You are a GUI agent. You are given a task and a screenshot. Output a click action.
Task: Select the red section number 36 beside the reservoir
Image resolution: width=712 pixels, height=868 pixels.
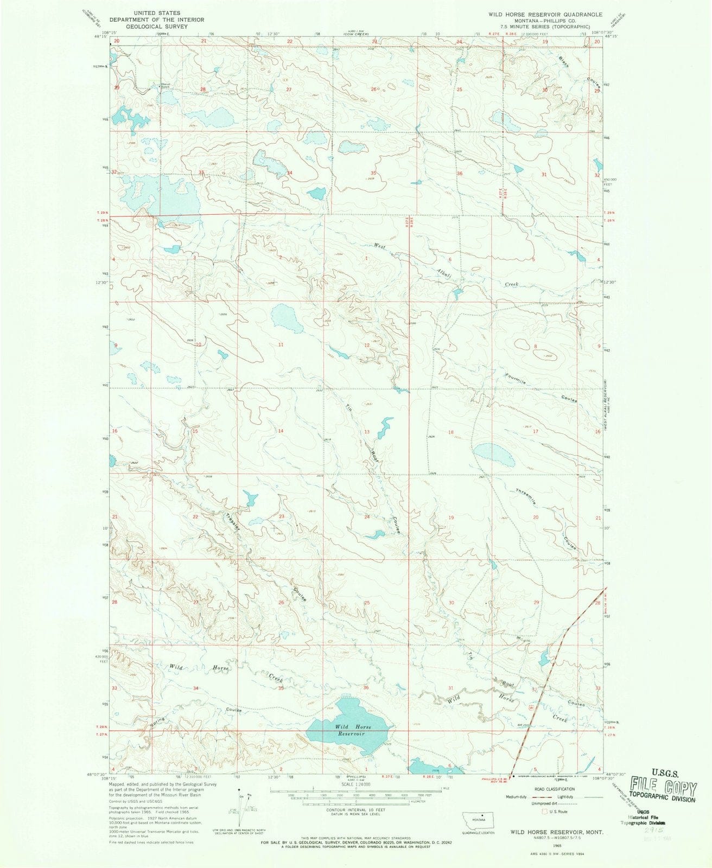click(366, 687)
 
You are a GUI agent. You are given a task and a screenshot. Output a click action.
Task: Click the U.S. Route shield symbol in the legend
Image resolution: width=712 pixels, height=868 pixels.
click(546, 812)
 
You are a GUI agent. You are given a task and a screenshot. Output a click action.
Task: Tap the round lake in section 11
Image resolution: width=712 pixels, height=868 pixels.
click(287, 318)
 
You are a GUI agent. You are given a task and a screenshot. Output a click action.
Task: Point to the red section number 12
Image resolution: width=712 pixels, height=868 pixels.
click(367, 345)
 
